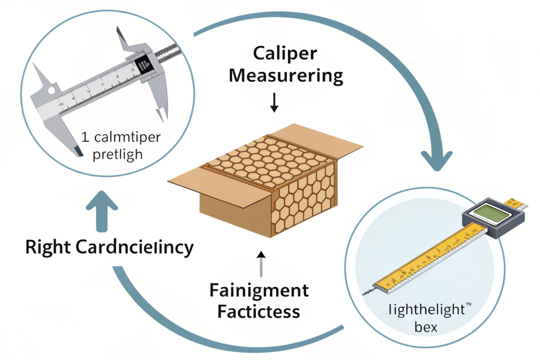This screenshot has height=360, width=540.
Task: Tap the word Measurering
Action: coord(287,77)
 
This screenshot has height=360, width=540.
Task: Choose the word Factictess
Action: coord(258,311)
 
